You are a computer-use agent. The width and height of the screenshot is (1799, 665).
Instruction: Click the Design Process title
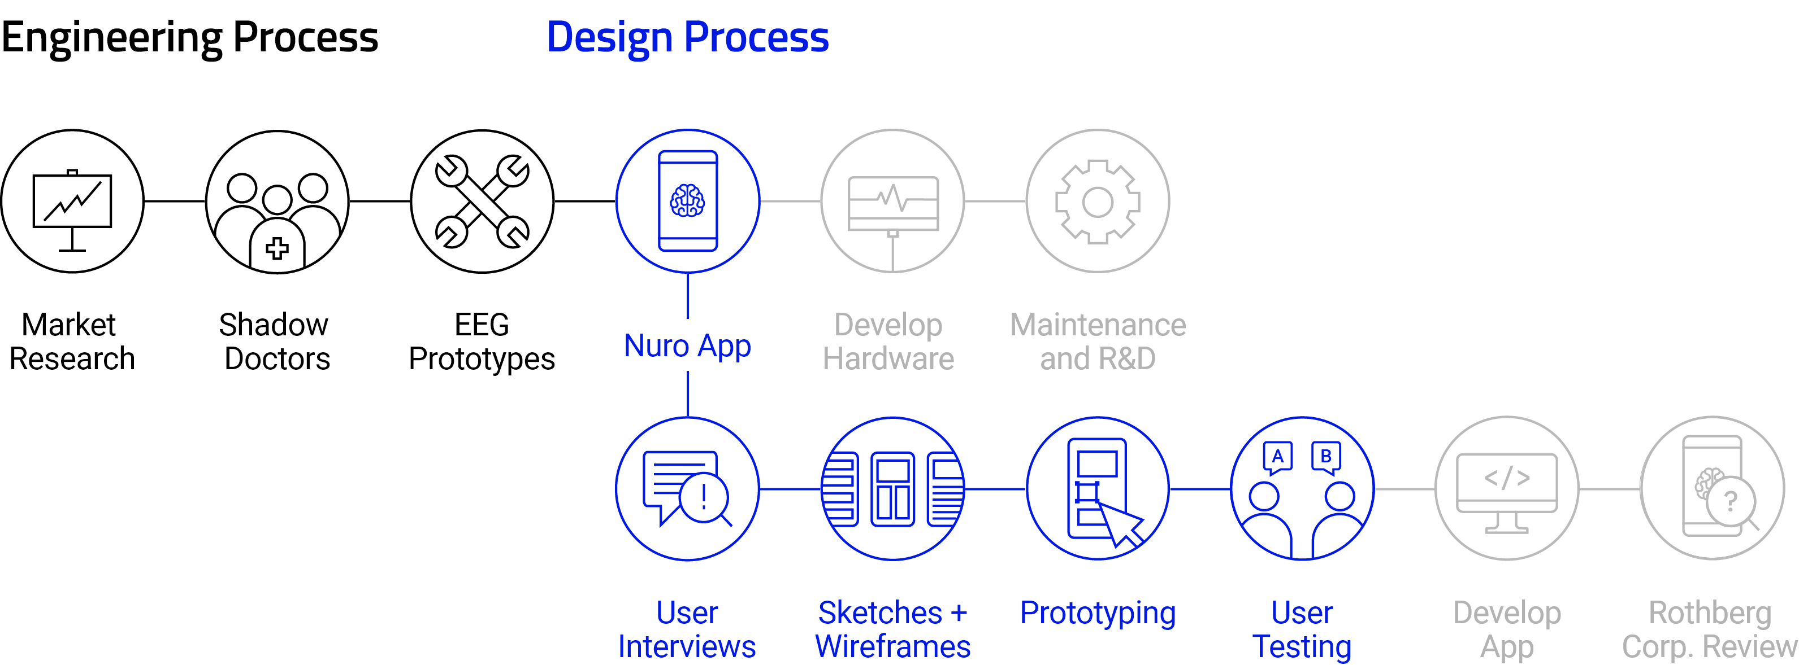687,38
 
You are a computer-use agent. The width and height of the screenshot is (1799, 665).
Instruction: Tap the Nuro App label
687,346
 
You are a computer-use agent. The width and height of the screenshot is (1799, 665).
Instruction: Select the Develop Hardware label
888,342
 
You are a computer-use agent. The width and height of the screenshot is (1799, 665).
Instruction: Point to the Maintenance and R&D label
1098,342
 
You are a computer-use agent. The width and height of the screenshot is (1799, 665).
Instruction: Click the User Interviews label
687,629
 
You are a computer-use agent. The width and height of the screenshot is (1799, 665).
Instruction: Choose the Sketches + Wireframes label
892,629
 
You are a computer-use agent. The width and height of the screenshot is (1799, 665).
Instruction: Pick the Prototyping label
1098,614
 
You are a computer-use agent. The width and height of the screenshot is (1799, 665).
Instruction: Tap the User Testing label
1302,629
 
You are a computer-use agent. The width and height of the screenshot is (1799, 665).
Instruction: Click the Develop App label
1507,629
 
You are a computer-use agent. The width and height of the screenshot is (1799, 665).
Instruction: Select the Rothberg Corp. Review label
1710,629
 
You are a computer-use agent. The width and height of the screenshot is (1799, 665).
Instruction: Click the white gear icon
1098,202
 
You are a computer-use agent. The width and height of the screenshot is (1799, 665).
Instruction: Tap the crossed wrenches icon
482,202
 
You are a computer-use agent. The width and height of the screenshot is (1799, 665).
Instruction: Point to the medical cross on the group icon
278,248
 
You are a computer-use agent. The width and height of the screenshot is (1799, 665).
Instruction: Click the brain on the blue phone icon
687,201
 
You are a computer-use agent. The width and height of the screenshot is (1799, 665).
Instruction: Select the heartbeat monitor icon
892,202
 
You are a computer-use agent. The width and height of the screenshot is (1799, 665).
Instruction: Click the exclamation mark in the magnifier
703,496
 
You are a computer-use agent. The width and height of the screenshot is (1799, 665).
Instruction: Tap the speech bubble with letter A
1277,457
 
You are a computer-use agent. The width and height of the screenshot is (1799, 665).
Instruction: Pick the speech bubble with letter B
1325,457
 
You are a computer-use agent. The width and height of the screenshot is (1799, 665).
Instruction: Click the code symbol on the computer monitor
1507,478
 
